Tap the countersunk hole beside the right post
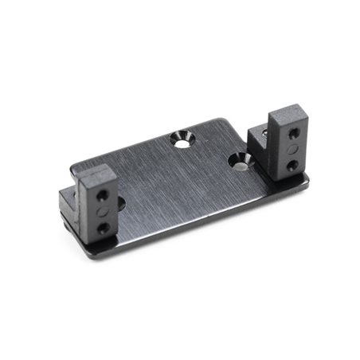pos(239,162)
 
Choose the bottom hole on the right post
pos(294,165)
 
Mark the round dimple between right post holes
pos(294,147)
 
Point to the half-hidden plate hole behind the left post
pos(121,204)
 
